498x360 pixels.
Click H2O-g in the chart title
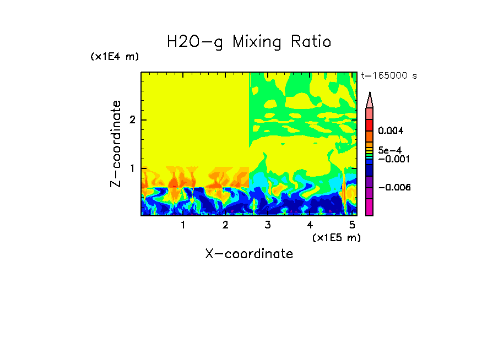tap(195, 42)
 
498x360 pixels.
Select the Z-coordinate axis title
tap(116, 144)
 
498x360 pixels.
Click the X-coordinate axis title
tap(249, 254)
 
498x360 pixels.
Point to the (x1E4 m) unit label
tap(115, 57)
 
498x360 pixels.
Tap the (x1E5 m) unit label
tap(336, 237)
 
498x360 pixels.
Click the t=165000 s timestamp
tap(388, 75)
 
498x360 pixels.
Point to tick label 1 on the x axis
tap(183, 225)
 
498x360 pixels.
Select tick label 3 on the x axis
tap(268, 225)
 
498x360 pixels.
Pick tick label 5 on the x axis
tap(352, 225)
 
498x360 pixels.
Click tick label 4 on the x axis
tap(310, 225)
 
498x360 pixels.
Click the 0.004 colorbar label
tap(391, 131)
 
